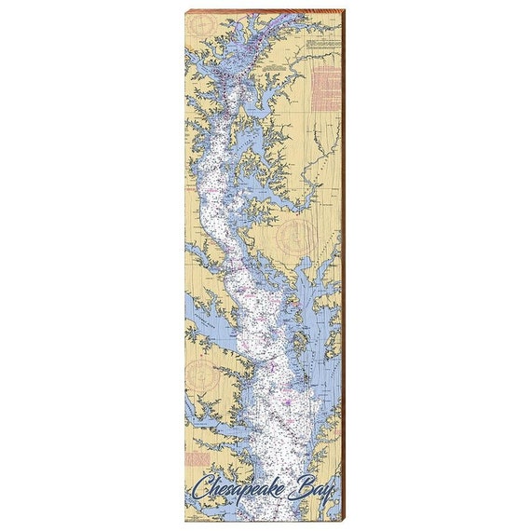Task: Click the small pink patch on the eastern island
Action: point(291,300)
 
